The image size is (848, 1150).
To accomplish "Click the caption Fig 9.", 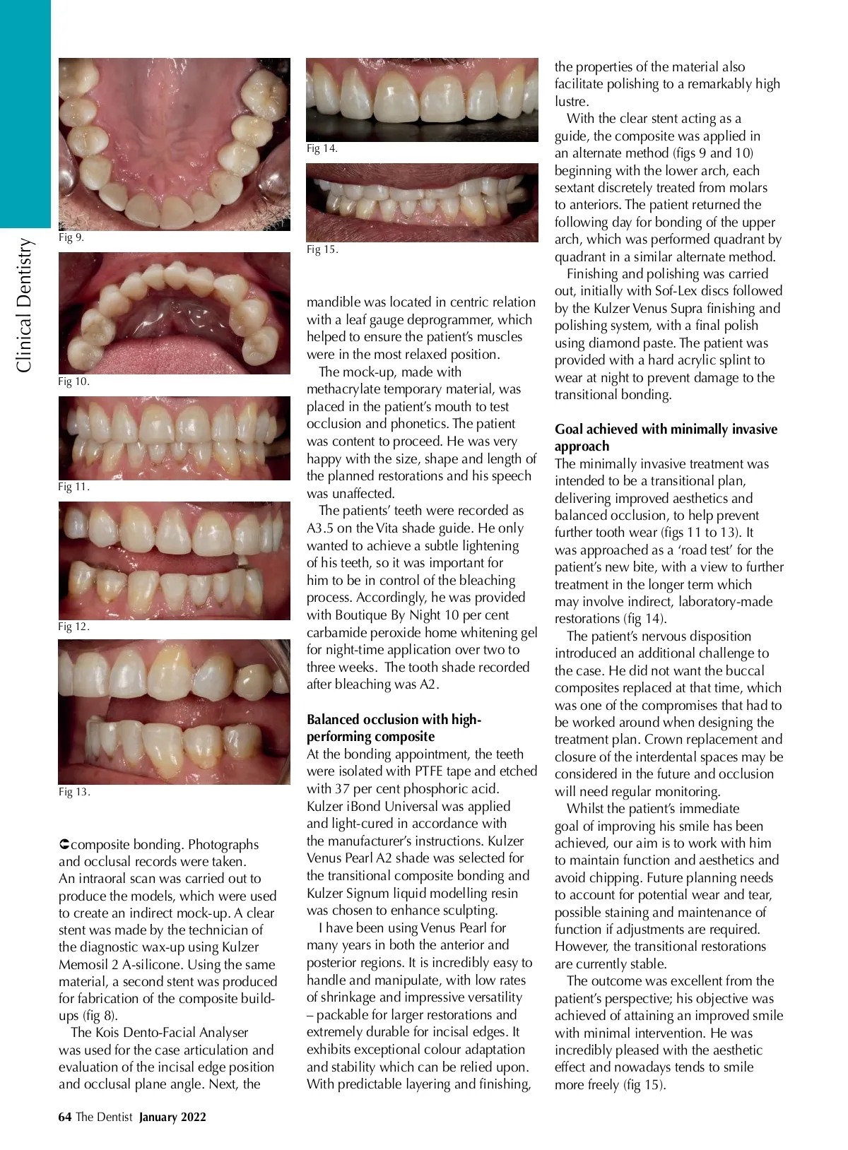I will [71, 237].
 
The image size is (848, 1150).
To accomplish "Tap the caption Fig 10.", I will [73, 381].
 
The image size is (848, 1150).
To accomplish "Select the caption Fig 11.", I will [73, 487].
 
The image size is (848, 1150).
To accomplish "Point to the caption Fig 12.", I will [73, 627].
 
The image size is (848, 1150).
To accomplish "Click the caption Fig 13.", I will [73, 792].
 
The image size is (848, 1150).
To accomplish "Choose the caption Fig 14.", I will [322, 148].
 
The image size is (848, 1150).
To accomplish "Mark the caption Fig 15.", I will [322, 249].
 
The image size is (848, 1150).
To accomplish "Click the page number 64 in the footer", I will [65, 1117].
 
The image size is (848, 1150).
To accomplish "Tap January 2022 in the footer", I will [172, 1117].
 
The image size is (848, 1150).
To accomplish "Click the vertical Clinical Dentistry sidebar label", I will [25, 305].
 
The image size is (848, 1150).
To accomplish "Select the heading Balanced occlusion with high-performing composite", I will [394, 728].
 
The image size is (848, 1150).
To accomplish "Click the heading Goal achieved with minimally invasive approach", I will [666, 437].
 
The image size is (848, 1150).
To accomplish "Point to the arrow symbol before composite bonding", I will [64, 845].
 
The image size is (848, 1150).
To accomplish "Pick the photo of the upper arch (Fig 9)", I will [174, 144].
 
